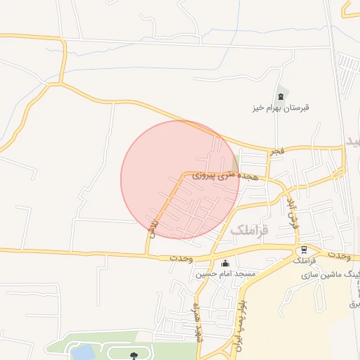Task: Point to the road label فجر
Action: point(277,151)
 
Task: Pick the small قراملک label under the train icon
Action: point(304,261)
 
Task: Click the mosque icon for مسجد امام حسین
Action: point(224,264)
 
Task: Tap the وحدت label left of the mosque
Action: point(181,258)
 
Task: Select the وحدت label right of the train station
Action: point(337,254)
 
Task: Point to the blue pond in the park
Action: point(83,352)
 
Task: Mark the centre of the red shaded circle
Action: point(180,180)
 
